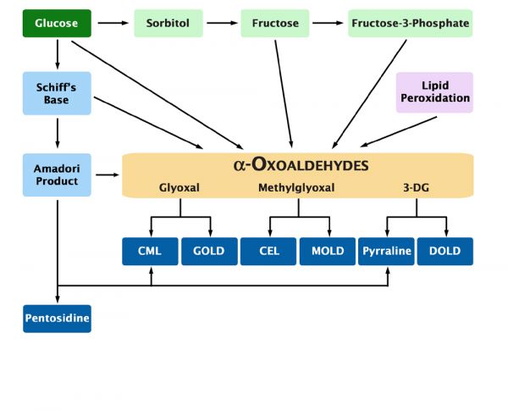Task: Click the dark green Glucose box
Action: click(57, 23)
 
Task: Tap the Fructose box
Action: click(275, 23)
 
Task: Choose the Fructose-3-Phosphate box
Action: click(410, 23)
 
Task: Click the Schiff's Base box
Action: click(57, 92)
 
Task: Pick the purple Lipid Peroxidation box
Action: click(434, 92)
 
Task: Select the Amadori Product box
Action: click(57, 174)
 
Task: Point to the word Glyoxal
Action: click(179, 187)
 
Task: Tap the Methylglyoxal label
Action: click(296, 187)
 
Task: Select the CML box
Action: click(150, 252)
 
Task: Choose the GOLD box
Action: click(208, 252)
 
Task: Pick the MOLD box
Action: click(327, 252)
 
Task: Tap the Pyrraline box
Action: click(386, 252)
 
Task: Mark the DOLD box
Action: click(444, 252)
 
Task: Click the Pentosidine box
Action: click(57, 319)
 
